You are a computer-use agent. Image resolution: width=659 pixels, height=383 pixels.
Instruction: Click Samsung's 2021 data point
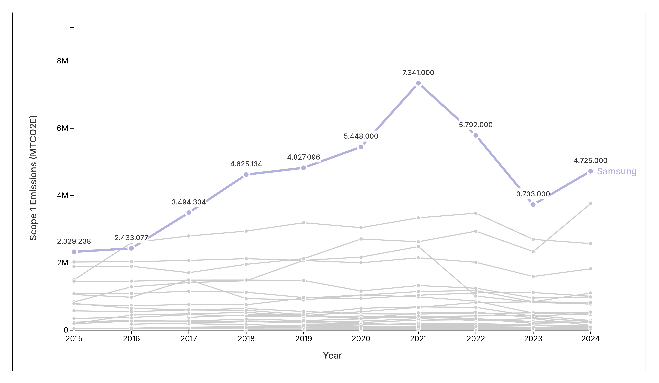click(418, 83)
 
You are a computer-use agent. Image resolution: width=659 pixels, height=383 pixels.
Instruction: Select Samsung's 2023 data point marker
click(533, 205)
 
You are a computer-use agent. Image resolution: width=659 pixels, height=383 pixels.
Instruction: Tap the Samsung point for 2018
click(246, 175)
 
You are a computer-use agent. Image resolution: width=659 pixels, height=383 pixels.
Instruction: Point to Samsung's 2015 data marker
click(74, 252)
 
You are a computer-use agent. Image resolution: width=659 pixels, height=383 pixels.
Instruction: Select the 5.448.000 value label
click(361, 136)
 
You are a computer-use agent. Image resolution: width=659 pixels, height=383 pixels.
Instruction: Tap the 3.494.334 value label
click(189, 202)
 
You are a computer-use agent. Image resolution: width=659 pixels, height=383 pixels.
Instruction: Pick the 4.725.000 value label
click(590, 160)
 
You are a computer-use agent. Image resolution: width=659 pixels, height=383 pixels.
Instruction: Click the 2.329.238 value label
click(74, 241)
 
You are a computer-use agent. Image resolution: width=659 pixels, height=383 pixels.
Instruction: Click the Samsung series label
click(617, 171)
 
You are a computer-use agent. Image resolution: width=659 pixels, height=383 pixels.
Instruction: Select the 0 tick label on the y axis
click(66, 330)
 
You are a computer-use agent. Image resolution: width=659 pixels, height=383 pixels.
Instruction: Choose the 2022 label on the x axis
click(476, 339)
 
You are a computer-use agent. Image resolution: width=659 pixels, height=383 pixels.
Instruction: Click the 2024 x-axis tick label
click(590, 339)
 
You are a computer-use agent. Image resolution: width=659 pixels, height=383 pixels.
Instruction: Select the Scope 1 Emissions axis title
click(33, 178)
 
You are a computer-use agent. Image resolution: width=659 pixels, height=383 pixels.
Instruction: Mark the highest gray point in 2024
click(590, 204)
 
